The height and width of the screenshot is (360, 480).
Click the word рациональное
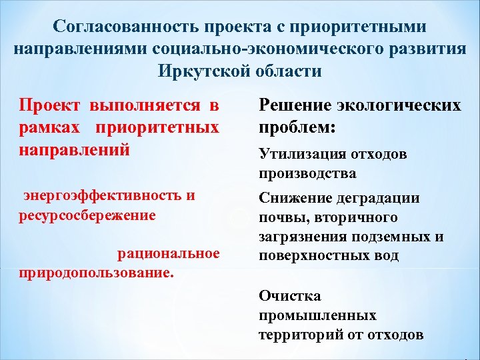pyautogui.click(x=169, y=253)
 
